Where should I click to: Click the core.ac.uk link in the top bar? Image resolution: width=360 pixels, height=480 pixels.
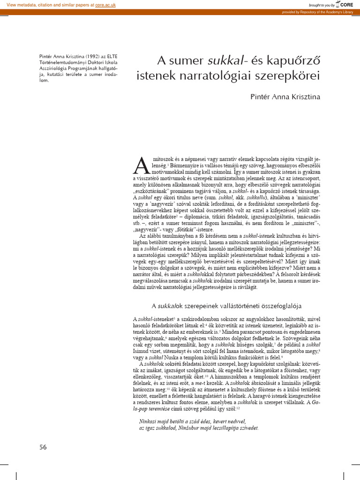(x=105, y=4)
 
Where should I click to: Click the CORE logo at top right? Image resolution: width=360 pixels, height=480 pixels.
(x=345, y=4)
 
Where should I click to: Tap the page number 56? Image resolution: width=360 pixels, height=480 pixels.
(x=43, y=447)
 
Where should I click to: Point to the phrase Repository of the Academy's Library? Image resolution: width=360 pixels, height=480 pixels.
(x=326, y=12)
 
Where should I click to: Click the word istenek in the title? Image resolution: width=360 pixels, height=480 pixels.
(x=154, y=75)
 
